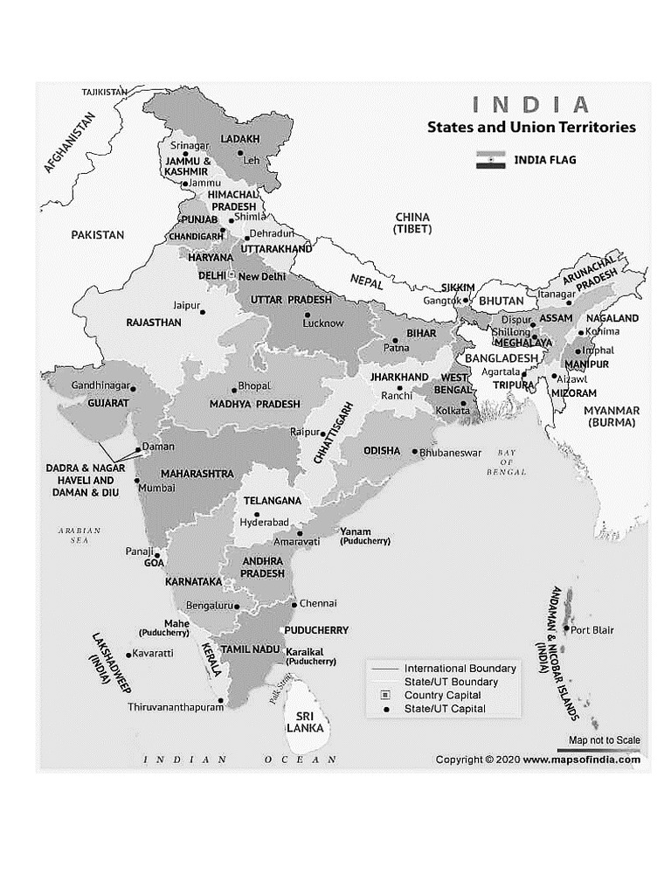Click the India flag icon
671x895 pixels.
[490, 160]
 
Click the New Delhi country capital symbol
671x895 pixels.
[232, 275]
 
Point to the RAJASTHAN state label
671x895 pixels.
[154, 323]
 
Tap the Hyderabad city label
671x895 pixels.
[264, 522]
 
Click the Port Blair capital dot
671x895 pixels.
[567, 628]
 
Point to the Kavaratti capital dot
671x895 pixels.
[128, 654]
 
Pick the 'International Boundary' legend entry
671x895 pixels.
[460, 669]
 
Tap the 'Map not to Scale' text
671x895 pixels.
[604, 740]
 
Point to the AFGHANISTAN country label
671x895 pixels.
[68, 143]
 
